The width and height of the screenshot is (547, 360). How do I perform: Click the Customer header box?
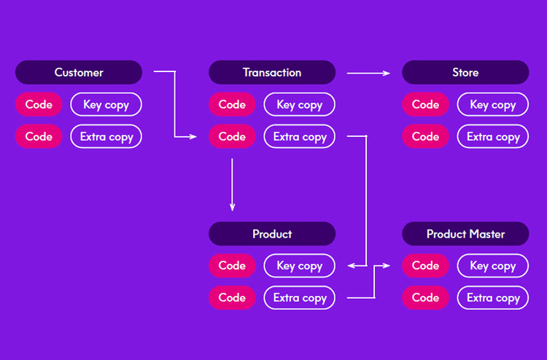(x=79, y=72)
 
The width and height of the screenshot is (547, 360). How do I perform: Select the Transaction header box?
(x=272, y=72)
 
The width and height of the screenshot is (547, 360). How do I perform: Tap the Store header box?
(x=465, y=72)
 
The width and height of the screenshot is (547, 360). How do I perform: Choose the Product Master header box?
(x=465, y=233)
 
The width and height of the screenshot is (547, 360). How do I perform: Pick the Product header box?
(x=272, y=233)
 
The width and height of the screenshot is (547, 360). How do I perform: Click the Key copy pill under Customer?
(x=106, y=104)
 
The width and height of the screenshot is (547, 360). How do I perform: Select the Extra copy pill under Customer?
(x=106, y=136)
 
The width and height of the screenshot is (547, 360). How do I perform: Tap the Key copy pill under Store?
(x=493, y=104)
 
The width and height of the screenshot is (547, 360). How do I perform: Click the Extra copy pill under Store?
(x=493, y=136)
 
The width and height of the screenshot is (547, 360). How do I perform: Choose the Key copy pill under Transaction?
(x=299, y=104)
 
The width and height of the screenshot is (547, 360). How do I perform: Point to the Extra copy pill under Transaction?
(x=299, y=136)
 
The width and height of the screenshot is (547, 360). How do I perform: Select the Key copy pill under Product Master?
(x=493, y=265)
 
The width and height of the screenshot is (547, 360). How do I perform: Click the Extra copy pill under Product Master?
(x=493, y=297)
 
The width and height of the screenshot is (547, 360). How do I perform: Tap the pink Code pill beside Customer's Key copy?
(x=39, y=104)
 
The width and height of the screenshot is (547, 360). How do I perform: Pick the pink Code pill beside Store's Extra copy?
(x=425, y=136)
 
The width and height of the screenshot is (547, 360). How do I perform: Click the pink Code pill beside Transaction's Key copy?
(x=232, y=104)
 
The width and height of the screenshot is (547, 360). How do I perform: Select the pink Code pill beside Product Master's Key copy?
(x=425, y=265)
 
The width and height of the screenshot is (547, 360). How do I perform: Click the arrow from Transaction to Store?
(x=368, y=73)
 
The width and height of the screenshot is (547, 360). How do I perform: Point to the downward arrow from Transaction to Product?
(x=232, y=184)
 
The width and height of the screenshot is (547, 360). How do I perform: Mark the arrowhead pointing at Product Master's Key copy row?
(x=387, y=265)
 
